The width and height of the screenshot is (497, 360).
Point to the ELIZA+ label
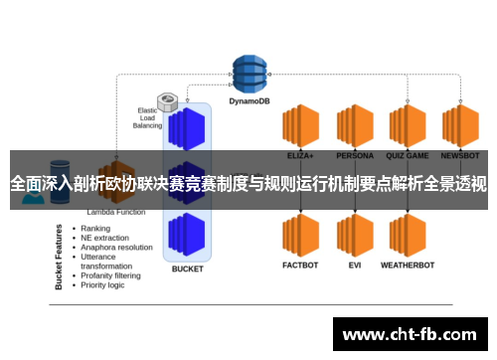[x=300, y=156]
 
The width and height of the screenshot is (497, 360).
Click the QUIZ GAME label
[x=407, y=156]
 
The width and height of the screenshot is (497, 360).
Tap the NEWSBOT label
[x=459, y=156]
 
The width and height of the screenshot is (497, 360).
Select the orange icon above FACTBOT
[x=300, y=234]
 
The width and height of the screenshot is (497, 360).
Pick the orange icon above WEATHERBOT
[x=407, y=234]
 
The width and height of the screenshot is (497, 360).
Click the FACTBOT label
[x=300, y=267]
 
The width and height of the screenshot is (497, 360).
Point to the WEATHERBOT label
[x=407, y=267]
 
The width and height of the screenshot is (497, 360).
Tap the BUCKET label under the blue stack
[x=187, y=269]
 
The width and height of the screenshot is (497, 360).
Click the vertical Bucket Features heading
[x=59, y=256]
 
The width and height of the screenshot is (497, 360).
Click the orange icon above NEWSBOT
[x=459, y=124]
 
